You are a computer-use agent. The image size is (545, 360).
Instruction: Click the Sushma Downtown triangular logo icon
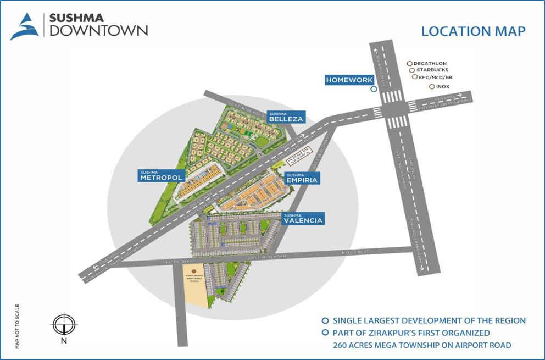pyautogui.click(x=24, y=27)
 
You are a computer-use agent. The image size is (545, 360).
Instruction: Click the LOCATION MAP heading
pyautogui.click(x=473, y=31)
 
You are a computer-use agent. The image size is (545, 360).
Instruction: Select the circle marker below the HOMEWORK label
pyautogui.click(x=374, y=89)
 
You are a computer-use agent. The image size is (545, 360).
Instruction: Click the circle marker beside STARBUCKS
pyautogui.click(x=411, y=70)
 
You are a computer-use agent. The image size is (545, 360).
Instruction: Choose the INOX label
pyautogui.click(x=443, y=86)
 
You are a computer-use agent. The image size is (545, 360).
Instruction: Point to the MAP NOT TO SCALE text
pyautogui.click(x=17, y=326)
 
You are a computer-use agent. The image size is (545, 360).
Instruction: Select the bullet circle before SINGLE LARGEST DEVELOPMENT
pyautogui.click(x=325, y=320)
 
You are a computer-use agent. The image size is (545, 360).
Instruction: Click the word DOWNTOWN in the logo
pyautogui.click(x=98, y=30)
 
